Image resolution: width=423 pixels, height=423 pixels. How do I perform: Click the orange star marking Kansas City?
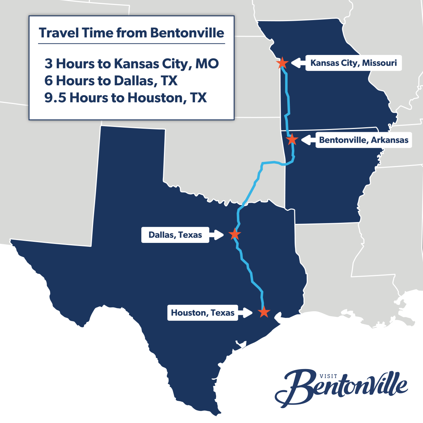282,63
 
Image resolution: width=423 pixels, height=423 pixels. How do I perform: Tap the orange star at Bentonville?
292,140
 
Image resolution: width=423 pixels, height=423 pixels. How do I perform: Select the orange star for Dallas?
234,234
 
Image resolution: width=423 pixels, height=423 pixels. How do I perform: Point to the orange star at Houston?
264,312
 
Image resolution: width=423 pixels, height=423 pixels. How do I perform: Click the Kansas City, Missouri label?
353,63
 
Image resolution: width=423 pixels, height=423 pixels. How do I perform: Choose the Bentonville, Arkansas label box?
363,140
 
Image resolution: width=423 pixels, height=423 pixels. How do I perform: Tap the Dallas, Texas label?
175,235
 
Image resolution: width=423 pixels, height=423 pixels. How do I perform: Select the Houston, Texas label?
203,313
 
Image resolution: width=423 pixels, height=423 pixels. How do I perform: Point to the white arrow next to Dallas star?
216,235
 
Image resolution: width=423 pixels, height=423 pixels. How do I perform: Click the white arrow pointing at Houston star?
245,313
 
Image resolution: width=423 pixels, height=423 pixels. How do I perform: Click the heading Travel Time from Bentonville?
131,33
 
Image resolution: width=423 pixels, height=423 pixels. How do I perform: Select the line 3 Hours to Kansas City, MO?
131,64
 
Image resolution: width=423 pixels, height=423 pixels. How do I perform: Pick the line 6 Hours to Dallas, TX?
111,81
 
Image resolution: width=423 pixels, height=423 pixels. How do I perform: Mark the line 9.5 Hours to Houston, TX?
125,98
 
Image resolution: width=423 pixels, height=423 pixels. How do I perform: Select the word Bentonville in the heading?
187,33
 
